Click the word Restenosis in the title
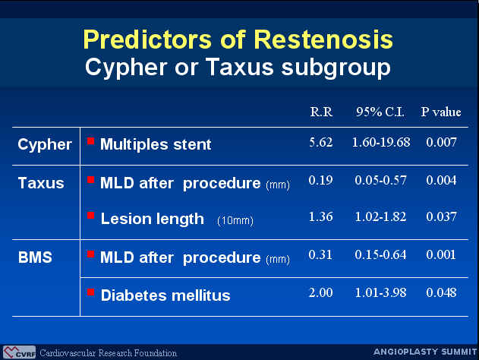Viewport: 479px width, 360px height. pos(323,39)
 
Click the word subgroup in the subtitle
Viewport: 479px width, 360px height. pos(336,68)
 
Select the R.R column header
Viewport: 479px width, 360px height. pos(321,112)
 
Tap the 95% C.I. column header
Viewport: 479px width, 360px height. pos(380,112)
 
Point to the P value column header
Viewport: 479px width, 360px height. pos(441,112)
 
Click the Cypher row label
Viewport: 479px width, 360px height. pos(45,145)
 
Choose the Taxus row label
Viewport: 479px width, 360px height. pos(41,183)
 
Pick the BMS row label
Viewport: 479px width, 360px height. pos(35,257)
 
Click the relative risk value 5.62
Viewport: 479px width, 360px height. pos(321,142)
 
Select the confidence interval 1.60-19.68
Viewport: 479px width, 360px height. pos(381,142)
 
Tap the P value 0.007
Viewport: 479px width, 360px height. pos(441,142)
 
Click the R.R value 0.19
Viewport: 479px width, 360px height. pos(320,180)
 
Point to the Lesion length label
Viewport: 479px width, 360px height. pos(152,219)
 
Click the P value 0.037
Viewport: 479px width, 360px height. pos(441,216)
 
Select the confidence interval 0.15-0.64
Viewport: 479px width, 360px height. pos(380,254)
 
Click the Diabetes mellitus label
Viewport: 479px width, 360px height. pos(165,295)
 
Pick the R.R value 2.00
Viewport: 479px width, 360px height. pos(321,292)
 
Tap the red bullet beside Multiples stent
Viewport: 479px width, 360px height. pos(90,141)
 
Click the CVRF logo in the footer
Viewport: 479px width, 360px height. pos(19,352)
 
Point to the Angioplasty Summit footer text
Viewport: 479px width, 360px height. pos(425,352)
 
